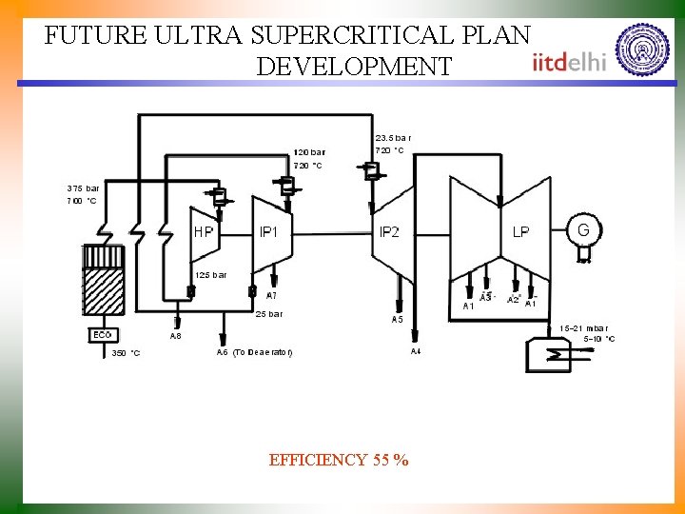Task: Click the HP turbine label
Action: (x=203, y=231)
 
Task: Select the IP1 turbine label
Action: (x=269, y=231)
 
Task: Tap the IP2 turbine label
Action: (x=389, y=232)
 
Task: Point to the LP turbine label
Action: (x=520, y=231)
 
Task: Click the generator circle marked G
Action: (x=583, y=229)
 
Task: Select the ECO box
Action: (x=102, y=335)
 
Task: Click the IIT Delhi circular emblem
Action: (x=641, y=49)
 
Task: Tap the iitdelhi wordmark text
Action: (x=569, y=62)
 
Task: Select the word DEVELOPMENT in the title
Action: (x=354, y=67)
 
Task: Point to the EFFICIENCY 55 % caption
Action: (x=339, y=461)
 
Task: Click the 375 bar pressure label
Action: (x=83, y=188)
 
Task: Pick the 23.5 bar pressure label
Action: (x=393, y=137)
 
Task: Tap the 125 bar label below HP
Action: (x=210, y=275)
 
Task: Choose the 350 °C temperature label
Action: (x=126, y=353)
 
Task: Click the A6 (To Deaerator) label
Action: (x=254, y=352)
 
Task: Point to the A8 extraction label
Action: (x=175, y=336)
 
